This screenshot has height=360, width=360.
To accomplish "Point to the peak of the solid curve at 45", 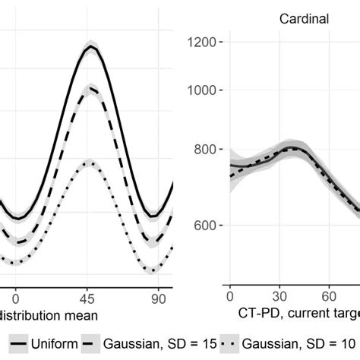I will click(x=90, y=46).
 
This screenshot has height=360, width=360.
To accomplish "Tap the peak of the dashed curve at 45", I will click(x=90, y=88).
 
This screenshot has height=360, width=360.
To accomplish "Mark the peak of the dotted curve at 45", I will click(x=90, y=161).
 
